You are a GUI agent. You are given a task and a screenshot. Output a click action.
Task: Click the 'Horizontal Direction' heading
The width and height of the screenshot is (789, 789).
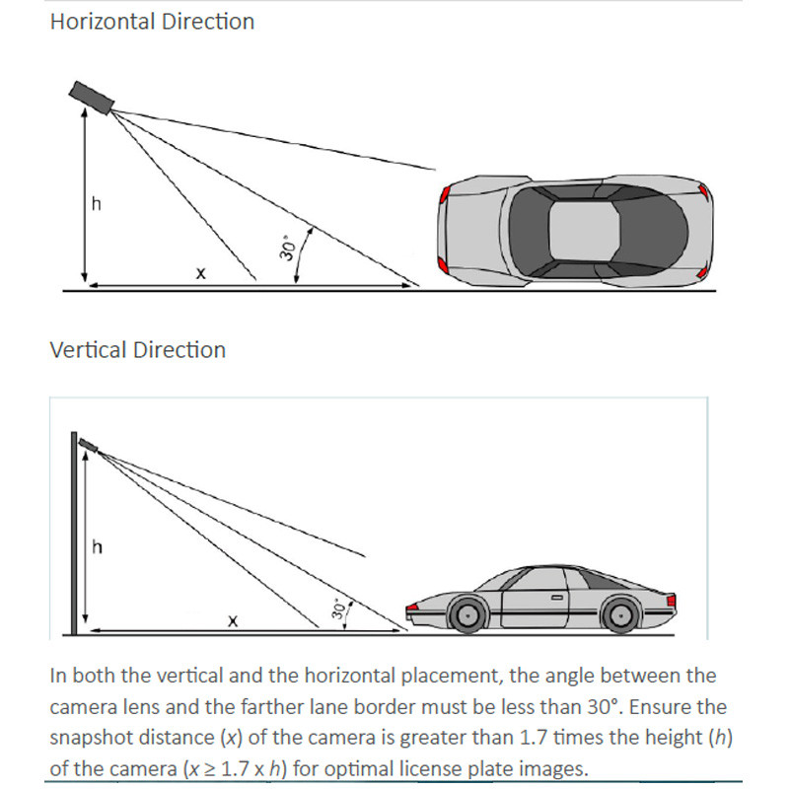click(152, 22)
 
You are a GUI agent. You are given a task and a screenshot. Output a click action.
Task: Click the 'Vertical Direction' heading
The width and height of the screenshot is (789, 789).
click(137, 350)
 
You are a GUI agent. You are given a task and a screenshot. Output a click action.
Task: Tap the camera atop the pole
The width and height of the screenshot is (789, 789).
click(87, 445)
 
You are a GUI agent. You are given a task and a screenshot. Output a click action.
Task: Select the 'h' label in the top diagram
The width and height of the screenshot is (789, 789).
click(96, 204)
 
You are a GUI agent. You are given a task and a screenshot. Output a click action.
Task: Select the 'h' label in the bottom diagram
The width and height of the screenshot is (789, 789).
click(97, 547)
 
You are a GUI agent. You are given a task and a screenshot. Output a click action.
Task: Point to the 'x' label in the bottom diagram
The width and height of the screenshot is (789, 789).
click(233, 620)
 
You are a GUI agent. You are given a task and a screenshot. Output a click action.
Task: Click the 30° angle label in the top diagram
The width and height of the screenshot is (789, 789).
click(288, 248)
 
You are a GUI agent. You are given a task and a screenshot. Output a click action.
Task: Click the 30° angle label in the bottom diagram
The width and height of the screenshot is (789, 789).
click(340, 609)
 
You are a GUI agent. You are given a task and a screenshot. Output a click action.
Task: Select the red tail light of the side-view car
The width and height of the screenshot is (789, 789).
click(672, 601)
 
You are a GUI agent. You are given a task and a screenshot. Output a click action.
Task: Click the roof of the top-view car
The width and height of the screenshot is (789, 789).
click(584, 228)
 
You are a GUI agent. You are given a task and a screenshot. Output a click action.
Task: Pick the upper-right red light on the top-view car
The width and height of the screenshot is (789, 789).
click(701, 191)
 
